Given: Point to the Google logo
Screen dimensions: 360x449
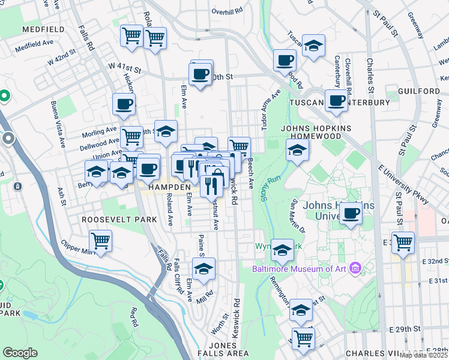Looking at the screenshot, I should click(20, 353).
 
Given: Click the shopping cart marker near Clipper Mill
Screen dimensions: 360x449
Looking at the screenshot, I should click(101, 241).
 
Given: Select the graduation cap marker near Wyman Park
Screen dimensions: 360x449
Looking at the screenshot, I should click(282, 250).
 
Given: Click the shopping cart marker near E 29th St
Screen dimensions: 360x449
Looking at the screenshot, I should click(303, 338).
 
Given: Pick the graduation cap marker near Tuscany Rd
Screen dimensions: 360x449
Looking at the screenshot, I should click(313, 46).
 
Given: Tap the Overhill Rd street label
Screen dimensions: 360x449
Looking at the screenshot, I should click(226, 11).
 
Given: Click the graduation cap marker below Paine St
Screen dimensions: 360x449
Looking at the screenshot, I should click(205, 269).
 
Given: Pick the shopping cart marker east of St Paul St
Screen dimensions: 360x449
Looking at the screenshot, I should click(403, 242).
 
